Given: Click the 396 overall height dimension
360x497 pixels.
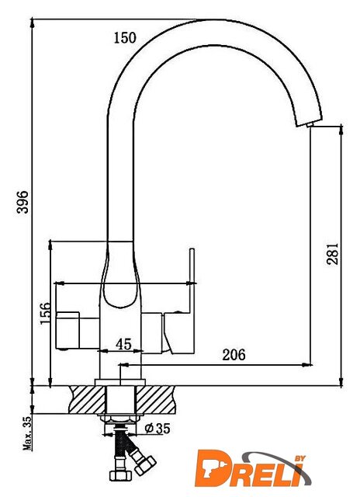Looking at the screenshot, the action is pos(22,202).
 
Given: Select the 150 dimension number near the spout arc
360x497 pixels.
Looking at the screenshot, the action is pos(125,38).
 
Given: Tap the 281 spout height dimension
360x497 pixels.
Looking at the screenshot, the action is pos(332,254).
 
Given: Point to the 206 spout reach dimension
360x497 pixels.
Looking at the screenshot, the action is pos(234,354).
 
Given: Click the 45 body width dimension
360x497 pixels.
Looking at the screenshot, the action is pos(123,344).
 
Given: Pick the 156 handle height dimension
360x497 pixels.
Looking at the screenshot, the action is pos(45,313).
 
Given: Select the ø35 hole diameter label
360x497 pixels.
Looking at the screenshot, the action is pos(157,429).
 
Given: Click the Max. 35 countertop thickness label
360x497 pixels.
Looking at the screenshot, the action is pos(28,433).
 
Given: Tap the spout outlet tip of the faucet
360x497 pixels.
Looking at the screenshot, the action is pos(310,125).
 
